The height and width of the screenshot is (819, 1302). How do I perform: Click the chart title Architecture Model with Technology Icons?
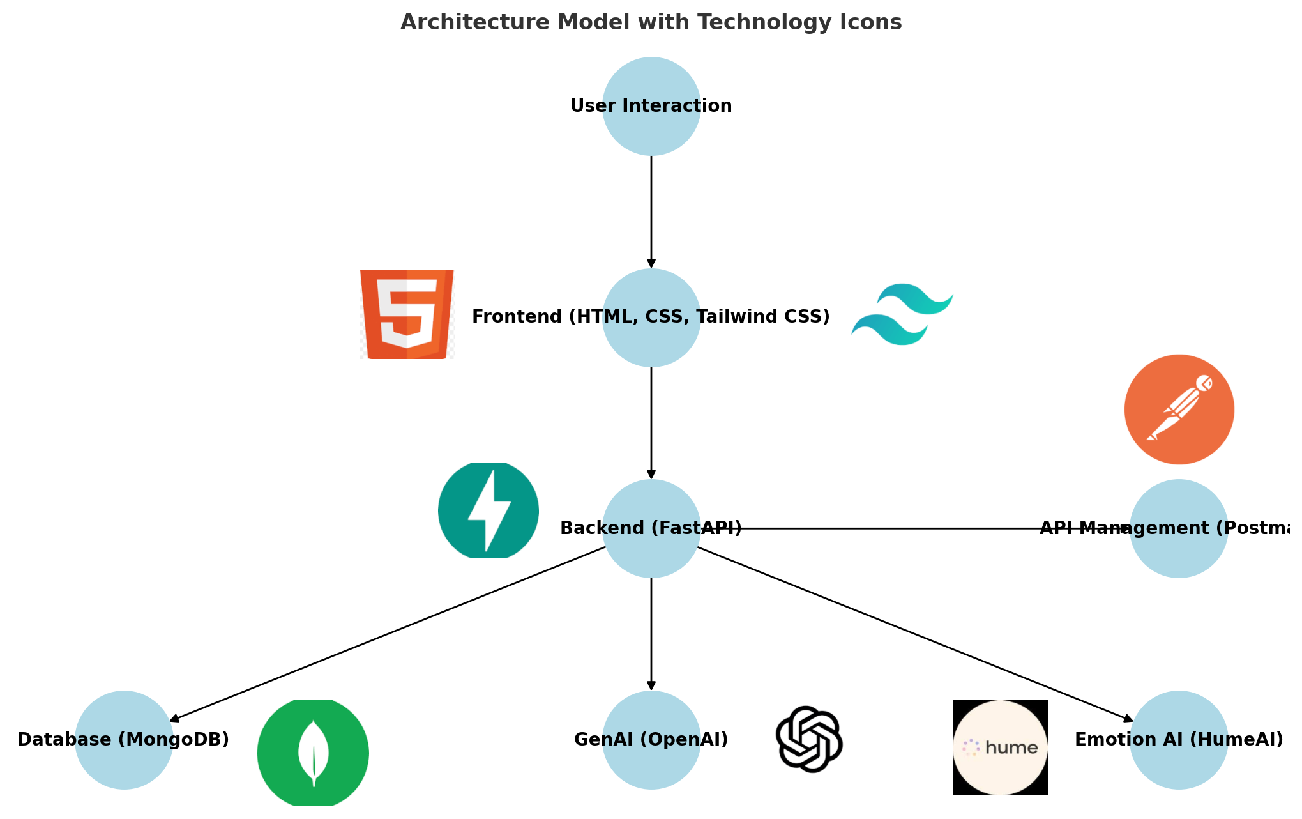tap(651, 22)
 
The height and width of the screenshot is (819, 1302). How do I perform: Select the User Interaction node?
tap(651, 106)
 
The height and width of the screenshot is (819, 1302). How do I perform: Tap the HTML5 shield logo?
tap(407, 314)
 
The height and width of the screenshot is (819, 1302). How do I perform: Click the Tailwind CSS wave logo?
tap(902, 314)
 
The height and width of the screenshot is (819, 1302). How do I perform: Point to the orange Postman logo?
tap(1179, 409)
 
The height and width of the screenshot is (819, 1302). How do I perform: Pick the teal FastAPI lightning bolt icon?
tap(488, 510)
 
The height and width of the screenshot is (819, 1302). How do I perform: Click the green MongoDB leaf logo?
tap(313, 753)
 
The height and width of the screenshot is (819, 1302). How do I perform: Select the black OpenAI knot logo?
tap(809, 739)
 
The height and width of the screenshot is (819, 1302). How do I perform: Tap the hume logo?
tap(1000, 747)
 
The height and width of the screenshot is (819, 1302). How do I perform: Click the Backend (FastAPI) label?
tap(651, 528)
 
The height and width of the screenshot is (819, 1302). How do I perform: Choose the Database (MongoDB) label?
tap(123, 740)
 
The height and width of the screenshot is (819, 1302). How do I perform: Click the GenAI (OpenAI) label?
tap(651, 740)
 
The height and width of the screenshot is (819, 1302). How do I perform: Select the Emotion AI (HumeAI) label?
tap(1179, 740)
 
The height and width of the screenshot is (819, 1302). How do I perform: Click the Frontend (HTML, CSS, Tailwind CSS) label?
tap(651, 317)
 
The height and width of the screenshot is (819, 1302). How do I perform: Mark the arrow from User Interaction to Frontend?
tap(651, 211)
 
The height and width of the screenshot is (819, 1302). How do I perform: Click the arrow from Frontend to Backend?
tap(651, 422)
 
